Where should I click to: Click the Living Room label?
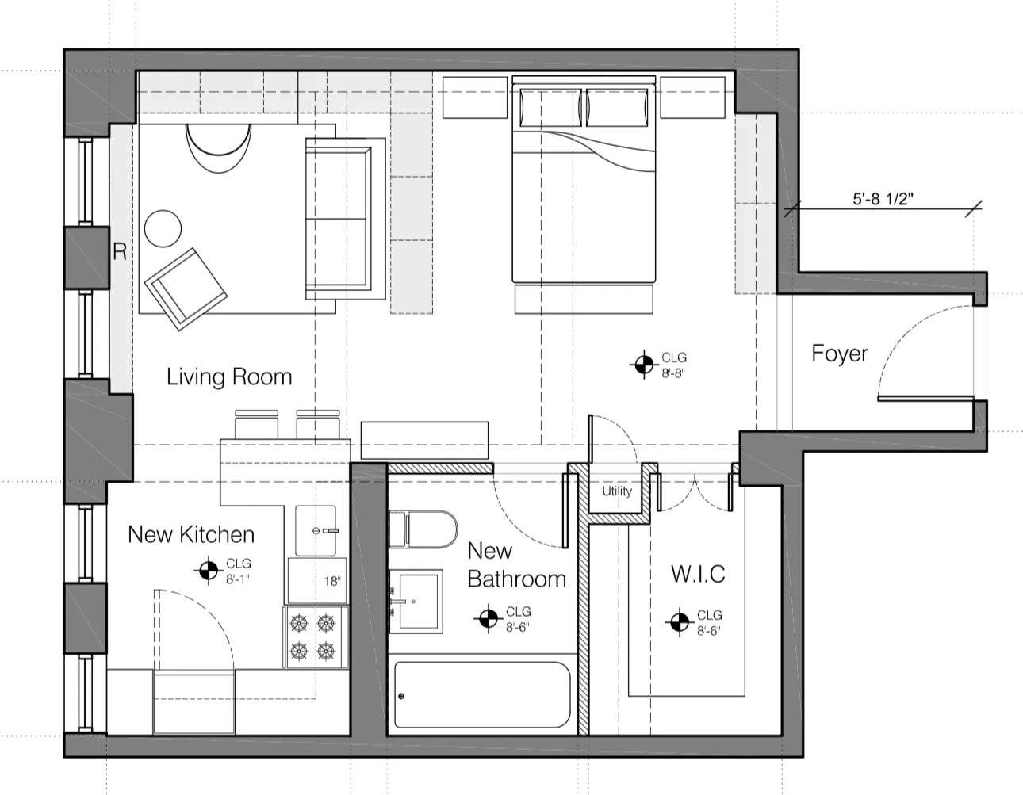point(228,376)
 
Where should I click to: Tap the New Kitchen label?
point(191,534)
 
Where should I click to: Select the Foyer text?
point(839,354)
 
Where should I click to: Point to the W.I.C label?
point(698,573)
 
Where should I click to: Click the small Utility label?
point(616,491)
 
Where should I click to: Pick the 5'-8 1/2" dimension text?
point(883,198)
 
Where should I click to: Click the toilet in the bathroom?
point(423,529)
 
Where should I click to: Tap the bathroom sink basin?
point(416,598)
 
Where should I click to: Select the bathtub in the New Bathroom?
point(482,694)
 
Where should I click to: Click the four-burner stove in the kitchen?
point(315,638)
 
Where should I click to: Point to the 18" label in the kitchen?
point(331,581)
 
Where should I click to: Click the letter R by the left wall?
point(120,252)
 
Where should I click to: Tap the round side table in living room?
point(163,227)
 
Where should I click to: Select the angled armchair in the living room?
point(185,287)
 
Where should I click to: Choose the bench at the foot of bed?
point(584,299)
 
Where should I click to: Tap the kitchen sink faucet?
point(325,530)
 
